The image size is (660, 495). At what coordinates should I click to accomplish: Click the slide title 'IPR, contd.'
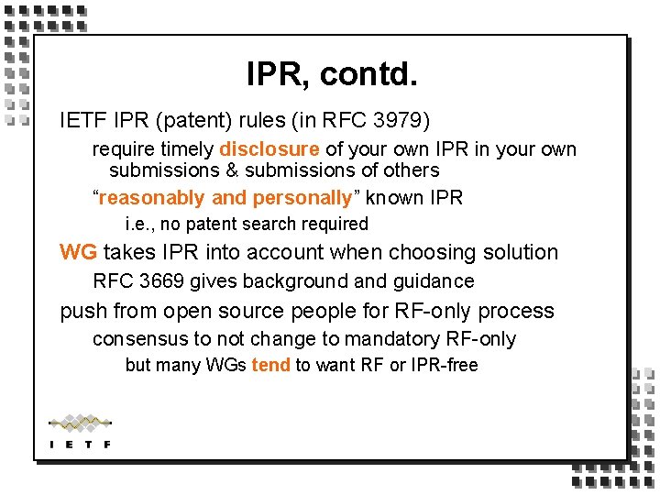coord(331,74)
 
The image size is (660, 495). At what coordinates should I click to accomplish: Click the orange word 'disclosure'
coord(269,149)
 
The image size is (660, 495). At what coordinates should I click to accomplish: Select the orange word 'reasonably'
coord(152,198)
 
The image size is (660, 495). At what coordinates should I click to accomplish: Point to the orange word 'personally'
coord(302,198)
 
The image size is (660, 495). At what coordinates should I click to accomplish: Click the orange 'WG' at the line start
coord(78,252)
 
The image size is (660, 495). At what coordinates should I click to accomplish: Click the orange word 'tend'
coord(270,366)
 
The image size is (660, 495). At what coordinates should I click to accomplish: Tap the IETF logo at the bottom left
coord(80,432)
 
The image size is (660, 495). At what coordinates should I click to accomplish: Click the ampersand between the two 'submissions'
coord(231,170)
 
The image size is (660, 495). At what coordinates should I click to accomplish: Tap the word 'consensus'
coord(137,339)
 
